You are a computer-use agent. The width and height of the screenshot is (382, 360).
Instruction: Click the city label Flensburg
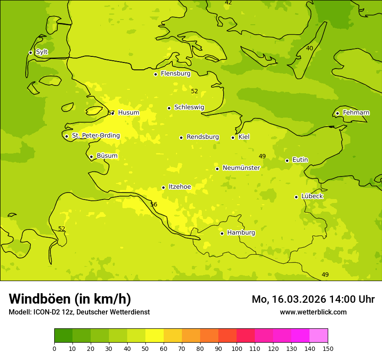click(x=175, y=74)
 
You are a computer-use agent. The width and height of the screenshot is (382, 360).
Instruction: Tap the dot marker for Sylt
click(x=30, y=52)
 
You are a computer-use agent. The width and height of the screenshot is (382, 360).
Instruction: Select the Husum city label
click(x=128, y=113)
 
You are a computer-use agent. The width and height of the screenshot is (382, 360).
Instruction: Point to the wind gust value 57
click(x=111, y=113)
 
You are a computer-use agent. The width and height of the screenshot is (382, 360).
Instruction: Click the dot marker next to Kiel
click(x=233, y=137)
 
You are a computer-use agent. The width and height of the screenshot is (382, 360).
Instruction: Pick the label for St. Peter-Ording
click(x=95, y=136)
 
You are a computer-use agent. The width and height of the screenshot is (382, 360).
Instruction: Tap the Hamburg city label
click(x=241, y=233)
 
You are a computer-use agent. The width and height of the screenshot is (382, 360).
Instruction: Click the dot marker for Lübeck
click(x=296, y=197)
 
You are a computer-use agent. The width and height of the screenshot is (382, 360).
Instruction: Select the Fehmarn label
click(x=356, y=113)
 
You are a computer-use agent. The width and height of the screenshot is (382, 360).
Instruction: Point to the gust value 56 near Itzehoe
click(x=154, y=204)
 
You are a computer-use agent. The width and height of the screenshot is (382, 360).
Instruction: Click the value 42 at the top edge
click(x=228, y=3)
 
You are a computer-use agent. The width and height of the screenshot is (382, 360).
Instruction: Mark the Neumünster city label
click(x=241, y=168)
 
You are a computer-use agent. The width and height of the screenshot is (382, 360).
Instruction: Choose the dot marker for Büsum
click(x=91, y=157)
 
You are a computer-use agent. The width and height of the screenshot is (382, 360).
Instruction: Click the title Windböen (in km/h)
click(x=70, y=299)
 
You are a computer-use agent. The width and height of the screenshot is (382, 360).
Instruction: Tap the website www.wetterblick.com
click(x=313, y=312)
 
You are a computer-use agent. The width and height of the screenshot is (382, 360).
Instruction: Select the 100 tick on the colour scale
click(x=237, y=348)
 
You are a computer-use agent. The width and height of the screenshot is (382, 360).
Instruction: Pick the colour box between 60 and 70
click(x=173, y=336)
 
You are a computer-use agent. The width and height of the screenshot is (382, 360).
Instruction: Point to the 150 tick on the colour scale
click(x=328, y=348)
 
